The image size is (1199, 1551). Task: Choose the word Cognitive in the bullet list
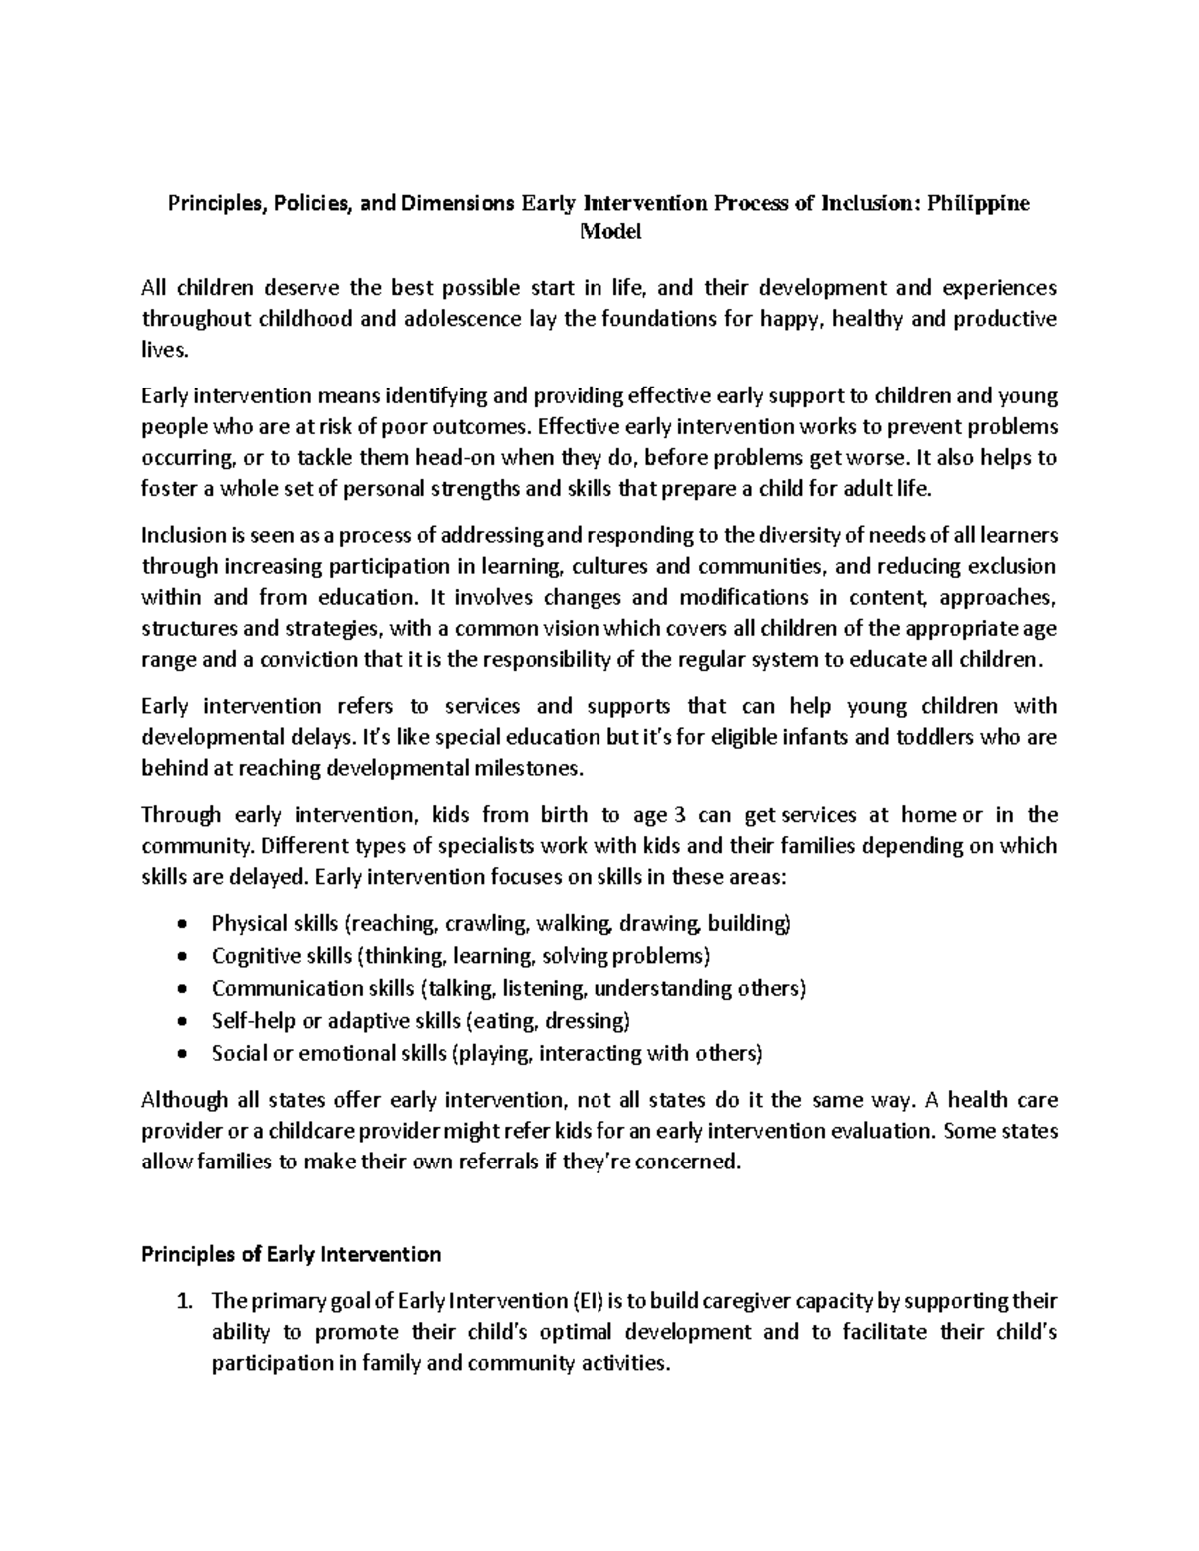[250, 956]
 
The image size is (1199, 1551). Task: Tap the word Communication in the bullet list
[276, 988]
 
